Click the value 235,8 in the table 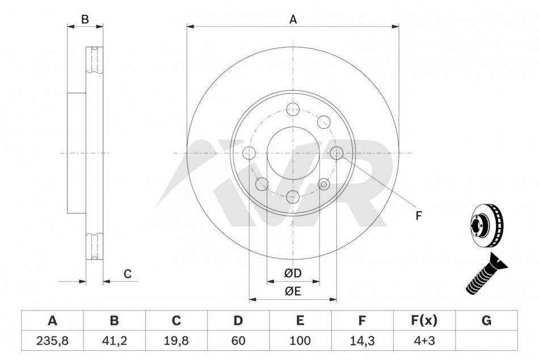tap(52, 340)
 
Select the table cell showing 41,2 tap(115, 340)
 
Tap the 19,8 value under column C tap(176, 340)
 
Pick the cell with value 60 tap(238, 340)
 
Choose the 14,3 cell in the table tap(362, 340)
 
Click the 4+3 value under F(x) tap(424, 340)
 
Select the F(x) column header tap(424, 320)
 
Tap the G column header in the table tap(486, 320)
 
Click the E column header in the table tap(300, 320)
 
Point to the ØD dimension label tap(293, 273)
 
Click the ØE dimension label tap(293, 291)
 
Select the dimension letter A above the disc tap(293, 20)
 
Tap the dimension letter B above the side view tap(85, 19)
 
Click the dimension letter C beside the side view tap(128, 274)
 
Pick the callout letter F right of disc tap(418, 216)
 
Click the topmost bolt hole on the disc tap(293, 110)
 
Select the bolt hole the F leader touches tap(336, 153)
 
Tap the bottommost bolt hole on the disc tap(293, 197)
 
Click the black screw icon tap(486, 274)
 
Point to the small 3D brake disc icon tap(486, 225)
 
